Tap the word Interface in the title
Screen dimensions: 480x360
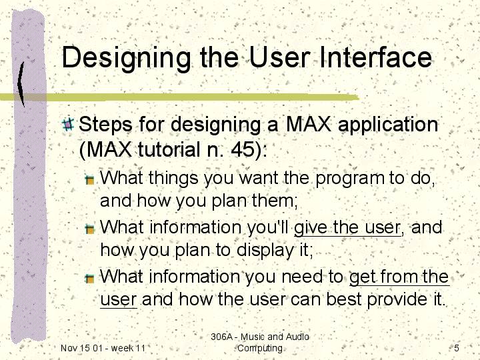375,57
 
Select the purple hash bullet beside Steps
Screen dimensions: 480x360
68,125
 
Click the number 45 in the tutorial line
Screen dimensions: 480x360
243,149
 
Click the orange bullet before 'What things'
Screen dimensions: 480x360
90,180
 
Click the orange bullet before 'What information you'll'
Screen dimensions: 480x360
90,229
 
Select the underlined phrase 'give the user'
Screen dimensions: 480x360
347,228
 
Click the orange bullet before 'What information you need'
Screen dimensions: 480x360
90,278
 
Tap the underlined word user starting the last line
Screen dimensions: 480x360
118,300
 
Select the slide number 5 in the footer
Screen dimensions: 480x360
457,348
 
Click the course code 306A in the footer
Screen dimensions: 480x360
222,337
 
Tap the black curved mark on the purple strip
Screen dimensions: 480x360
21,84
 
